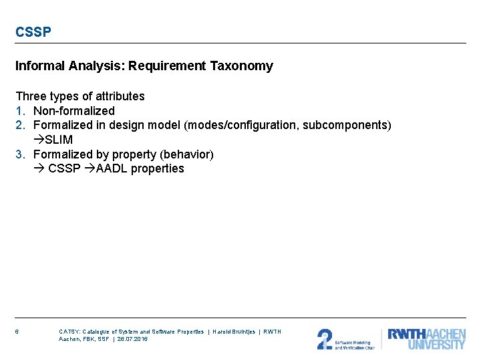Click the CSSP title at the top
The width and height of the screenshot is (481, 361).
[x=33, y=31]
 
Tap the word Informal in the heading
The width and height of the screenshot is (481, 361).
[x=38, y=66]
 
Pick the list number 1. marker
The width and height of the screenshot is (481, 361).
[x=21, y=111]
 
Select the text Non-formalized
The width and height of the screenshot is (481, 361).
[x=73, y=111]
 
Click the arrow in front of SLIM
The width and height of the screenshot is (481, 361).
[x=38, y=140]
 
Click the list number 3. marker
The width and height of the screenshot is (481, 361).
[x=21, y=154]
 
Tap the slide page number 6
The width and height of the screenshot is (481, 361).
[x=17, y=332]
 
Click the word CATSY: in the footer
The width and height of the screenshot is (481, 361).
[x=69, y=332]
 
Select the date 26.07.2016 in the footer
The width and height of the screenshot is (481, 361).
[x=132, y=339]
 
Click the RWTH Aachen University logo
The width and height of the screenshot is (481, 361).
[x=426, y=339]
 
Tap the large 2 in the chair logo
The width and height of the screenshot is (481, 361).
[x=324, y=339]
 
